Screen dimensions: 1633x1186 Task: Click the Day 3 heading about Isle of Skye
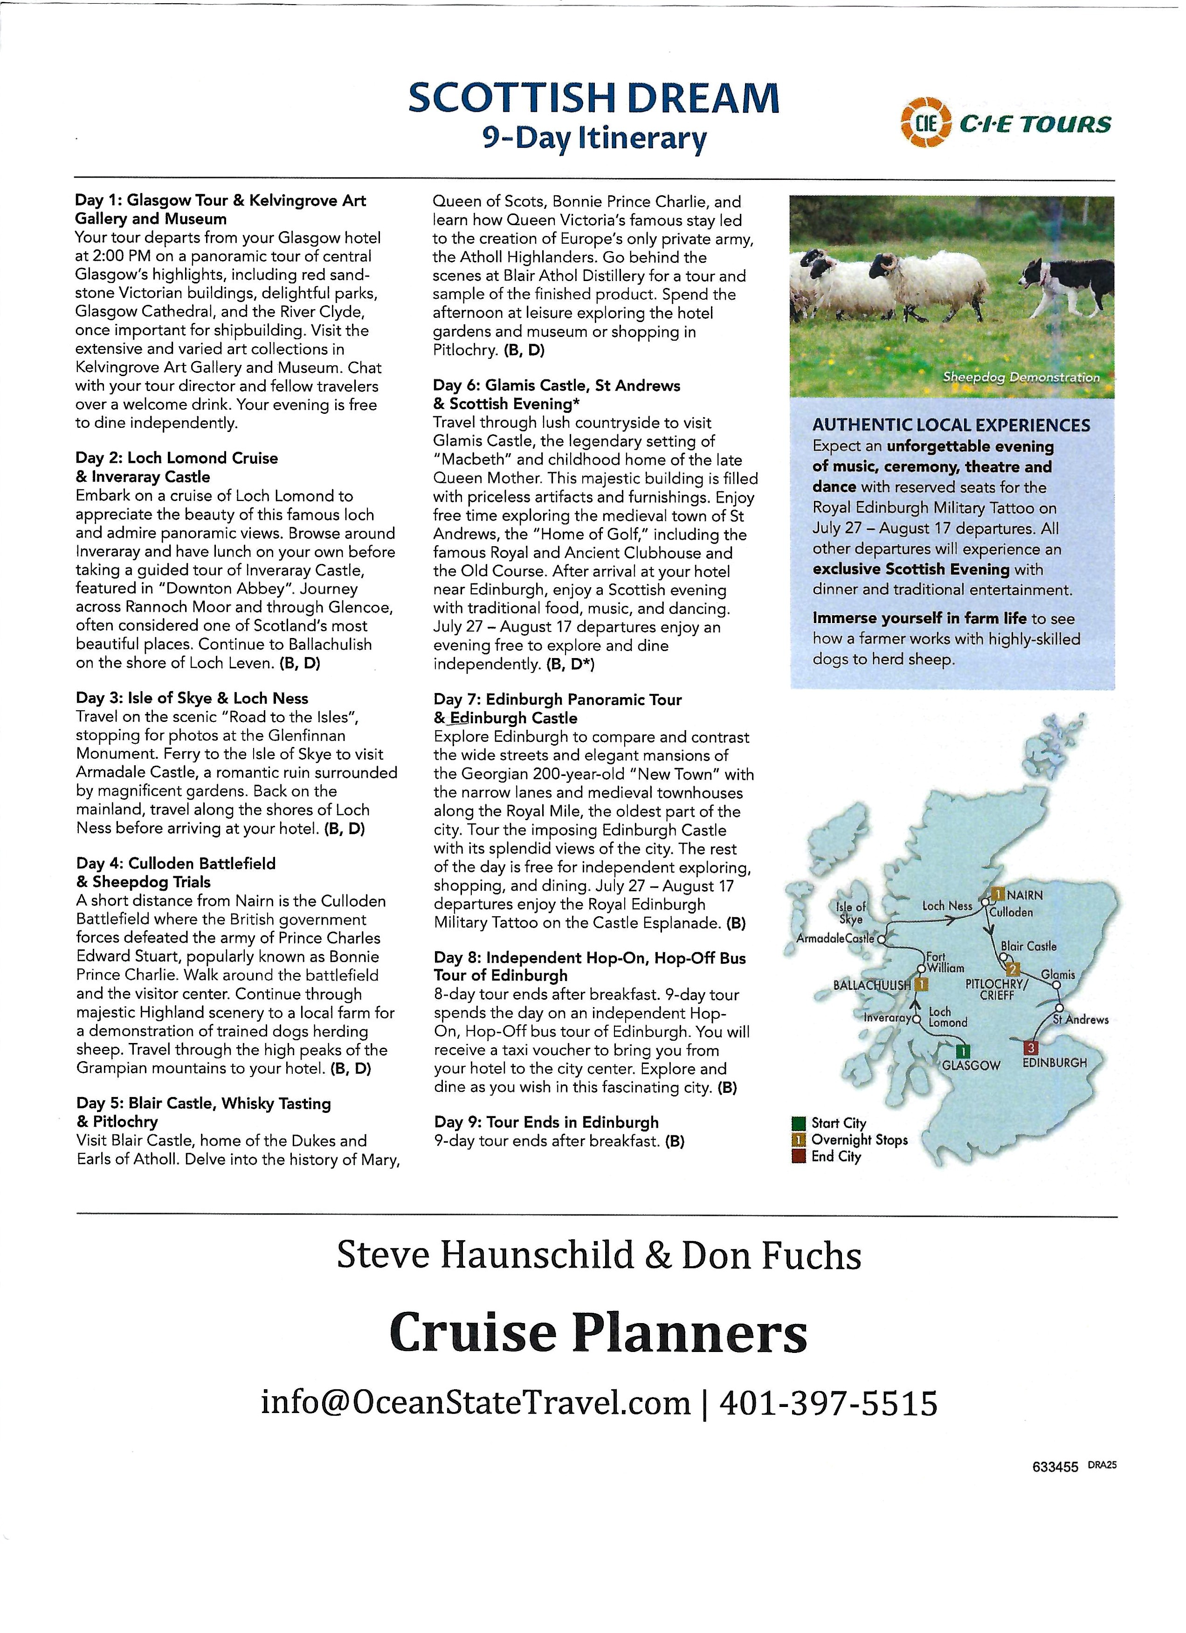click(192, 698)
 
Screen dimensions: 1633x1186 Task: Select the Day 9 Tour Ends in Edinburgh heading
click(546, 1122)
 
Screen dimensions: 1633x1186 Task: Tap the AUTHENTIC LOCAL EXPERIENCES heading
click(951, 425)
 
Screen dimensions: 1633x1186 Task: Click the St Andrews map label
click(1080, 1020)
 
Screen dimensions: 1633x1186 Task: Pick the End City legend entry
click(835, 1156)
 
